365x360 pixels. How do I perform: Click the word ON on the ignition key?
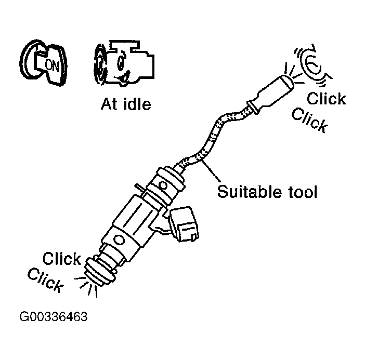tap(53, 64)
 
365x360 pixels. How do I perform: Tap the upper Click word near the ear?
tap(326, 98)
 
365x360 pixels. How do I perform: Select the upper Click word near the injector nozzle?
tap(62, 258)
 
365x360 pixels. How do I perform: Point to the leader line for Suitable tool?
tap(208, 171)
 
